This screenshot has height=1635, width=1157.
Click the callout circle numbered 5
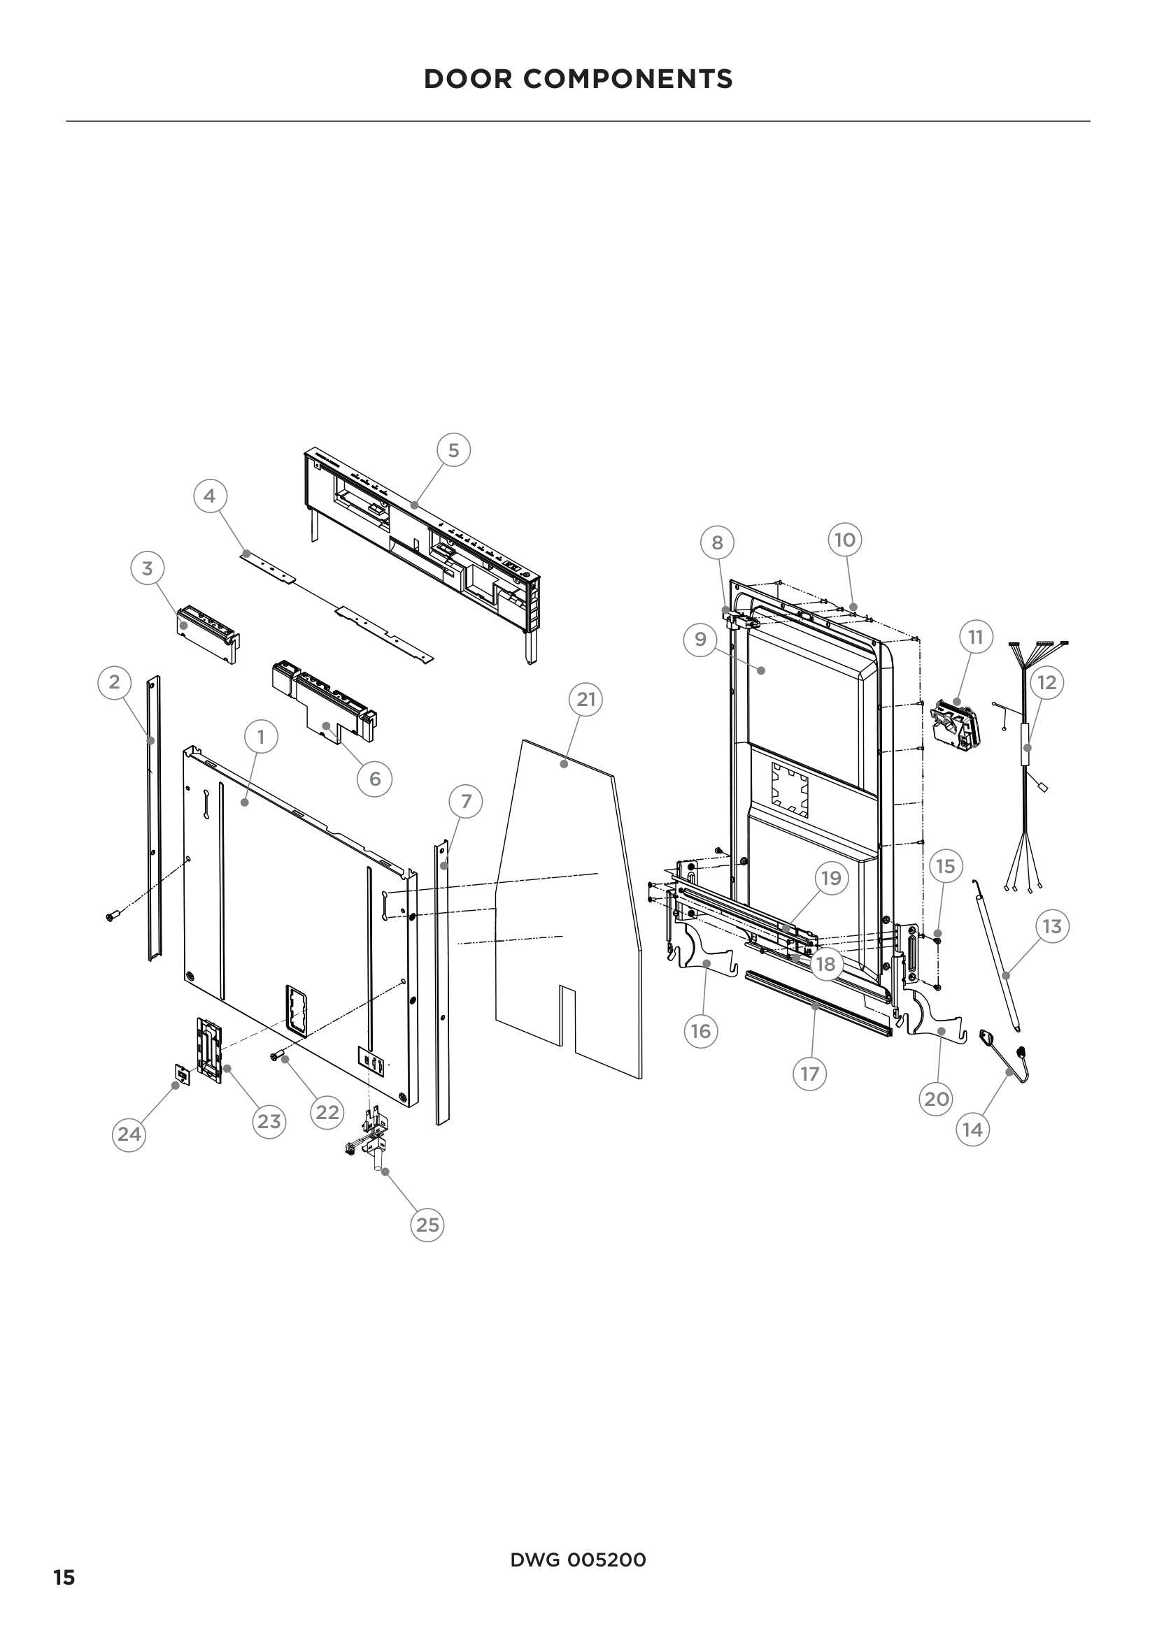[453, 450]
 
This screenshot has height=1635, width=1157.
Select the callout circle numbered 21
[585, 699]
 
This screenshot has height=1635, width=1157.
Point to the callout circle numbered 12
[1046, 682]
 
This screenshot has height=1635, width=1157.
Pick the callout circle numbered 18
[825, 964]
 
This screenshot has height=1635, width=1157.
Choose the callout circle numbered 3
[148, 568]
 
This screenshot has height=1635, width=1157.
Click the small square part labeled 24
[183, 1075]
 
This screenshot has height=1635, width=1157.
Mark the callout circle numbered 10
[845, 540]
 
